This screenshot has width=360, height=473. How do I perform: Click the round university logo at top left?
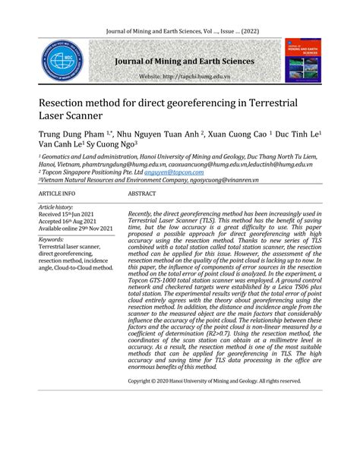click(x=63, y=61)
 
